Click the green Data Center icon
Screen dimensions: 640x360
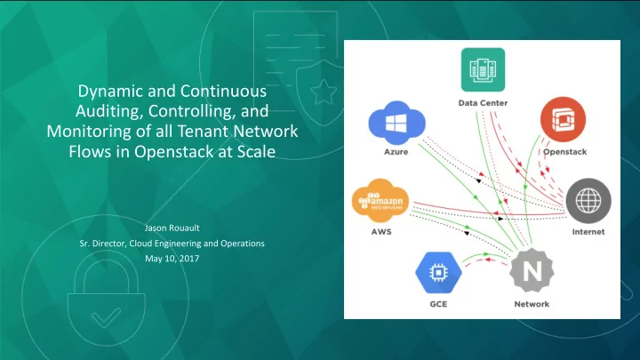point(483,69)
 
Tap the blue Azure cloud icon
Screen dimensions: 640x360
point(396,123)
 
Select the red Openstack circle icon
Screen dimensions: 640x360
point(563,119)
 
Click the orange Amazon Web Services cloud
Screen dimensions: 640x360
point(380,200)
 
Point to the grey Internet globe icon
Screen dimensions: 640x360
point(588,201)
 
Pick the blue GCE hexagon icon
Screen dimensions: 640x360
point(438,273)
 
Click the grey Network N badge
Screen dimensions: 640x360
point(532,270)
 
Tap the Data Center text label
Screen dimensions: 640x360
point(483,103)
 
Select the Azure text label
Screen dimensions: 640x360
point(396,152)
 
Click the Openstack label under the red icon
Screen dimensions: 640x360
point(564,152)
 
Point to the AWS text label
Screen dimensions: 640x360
point(381,232)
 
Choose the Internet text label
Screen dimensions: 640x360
point(588,232)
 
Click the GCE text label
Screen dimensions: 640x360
point(438,304)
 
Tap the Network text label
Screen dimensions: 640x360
point(532,304)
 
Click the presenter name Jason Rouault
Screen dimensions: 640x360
point(172,228)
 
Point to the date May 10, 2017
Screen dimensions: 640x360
point(172,259)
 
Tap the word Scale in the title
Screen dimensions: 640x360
point(256,152)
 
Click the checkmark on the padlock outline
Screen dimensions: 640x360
point(106,317)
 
